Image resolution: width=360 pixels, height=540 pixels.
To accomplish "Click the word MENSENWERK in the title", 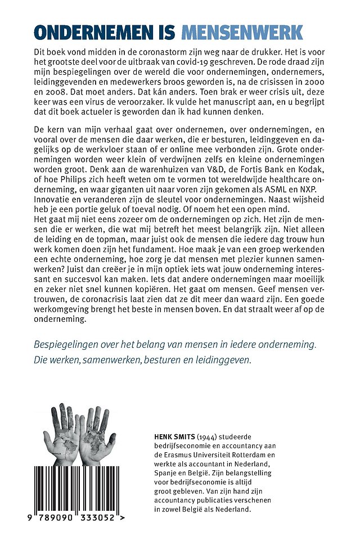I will pos(250,33).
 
